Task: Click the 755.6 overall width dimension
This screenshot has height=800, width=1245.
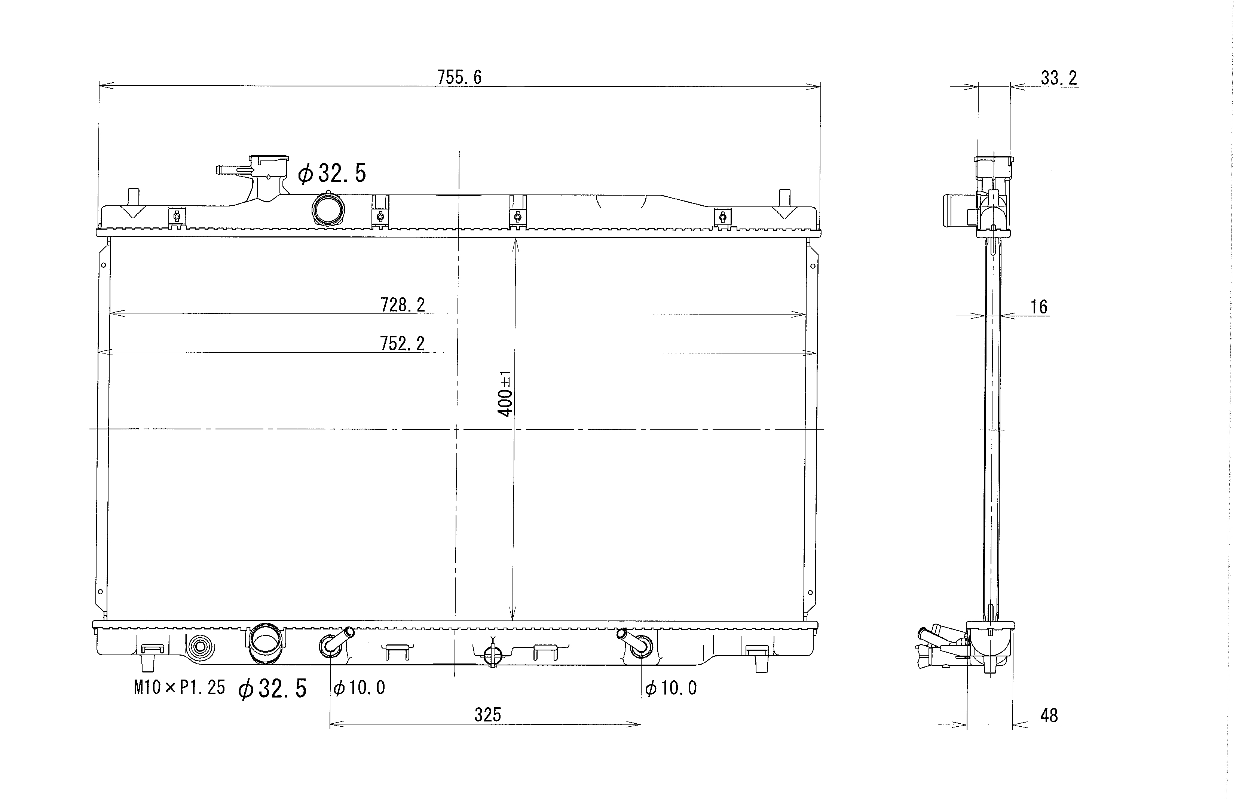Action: coord(459,77)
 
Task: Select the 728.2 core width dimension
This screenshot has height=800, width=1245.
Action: coord(403,305)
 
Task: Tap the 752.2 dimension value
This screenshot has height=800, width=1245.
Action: coord(402,343)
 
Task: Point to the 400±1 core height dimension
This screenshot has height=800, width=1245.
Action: coord(505,393)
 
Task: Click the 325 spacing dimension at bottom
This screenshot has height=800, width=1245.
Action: coord(487,715)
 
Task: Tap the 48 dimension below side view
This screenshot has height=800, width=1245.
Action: coord(1049,715)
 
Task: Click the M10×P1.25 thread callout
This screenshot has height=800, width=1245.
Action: coord(179,688)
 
